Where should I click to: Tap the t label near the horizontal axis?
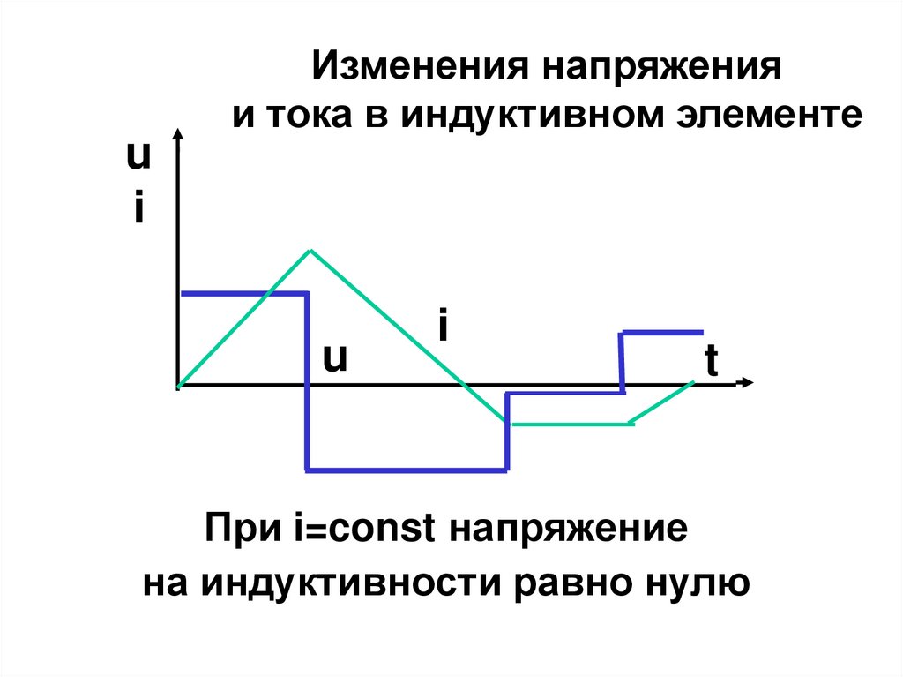[x=711, y=362]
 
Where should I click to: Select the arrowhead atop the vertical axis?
[x=178, y=135]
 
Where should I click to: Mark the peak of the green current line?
[x=310, y=251]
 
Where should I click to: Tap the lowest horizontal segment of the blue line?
[x=407, y=470]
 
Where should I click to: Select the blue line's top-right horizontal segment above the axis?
[x=662, y=332]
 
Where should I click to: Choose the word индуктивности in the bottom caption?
[x=346, y=582]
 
